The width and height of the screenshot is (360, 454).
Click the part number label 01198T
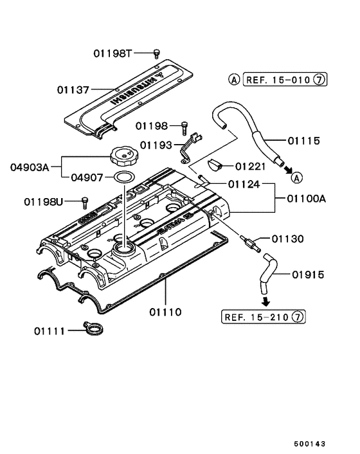pos(113,53)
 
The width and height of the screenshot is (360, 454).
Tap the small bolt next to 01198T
pos(157,53)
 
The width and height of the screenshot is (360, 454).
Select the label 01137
pos(73,90)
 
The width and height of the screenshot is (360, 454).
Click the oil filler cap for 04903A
pos(124,157)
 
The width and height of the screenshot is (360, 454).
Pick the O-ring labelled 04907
pos(125,177)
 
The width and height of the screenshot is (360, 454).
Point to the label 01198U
pos(44,202)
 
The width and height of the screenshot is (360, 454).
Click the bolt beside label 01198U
pos(85,203)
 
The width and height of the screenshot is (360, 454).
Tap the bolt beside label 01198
pos(184,128)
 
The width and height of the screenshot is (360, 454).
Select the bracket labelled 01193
pos(190,148)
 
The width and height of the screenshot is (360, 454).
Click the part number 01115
pos(304,141)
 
